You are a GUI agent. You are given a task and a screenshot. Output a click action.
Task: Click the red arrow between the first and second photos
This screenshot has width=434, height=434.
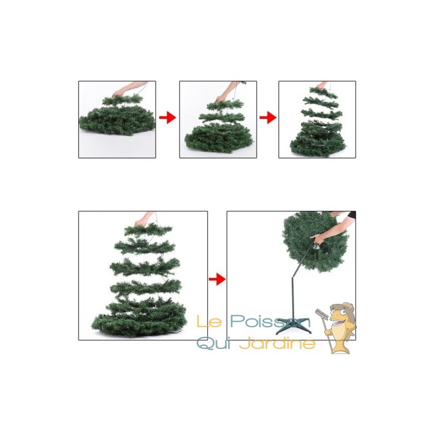168,118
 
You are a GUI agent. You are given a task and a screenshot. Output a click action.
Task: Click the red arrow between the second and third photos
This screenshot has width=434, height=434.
267,118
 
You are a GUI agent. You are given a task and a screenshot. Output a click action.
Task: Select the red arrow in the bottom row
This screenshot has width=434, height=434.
217,279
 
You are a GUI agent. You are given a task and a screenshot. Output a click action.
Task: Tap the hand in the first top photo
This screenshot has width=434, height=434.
118,93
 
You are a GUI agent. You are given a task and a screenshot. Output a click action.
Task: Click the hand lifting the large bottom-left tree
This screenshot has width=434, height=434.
141,222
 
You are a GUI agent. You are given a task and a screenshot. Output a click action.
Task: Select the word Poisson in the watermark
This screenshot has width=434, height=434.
270,321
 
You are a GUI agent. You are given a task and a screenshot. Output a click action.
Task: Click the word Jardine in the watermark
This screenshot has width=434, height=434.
277,343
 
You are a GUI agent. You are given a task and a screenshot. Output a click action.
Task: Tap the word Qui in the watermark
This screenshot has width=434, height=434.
213,343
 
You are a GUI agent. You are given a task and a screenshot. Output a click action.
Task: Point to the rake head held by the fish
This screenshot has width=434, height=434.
322,314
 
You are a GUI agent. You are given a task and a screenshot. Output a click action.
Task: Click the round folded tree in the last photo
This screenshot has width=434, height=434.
315,241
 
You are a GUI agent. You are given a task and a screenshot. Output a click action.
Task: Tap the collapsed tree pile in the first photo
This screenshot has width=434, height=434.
117,120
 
